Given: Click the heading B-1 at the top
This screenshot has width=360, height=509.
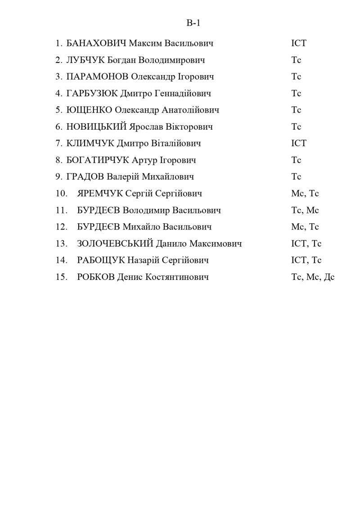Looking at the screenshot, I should pos(193,23).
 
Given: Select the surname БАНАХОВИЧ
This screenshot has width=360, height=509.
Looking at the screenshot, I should pos(96,44).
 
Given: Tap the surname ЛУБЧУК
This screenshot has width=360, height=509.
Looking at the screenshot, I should pos(85,60).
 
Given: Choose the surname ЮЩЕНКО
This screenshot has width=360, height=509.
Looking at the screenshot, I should pos(89,110).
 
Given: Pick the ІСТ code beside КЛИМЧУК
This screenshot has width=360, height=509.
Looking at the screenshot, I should pos(298,144).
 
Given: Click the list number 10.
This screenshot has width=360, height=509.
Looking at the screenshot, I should pos(61,194).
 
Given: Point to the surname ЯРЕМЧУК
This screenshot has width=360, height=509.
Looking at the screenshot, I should pos(99,194).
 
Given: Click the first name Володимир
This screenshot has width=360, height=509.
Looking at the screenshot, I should pos(140,210).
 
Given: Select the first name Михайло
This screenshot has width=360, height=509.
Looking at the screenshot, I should pos(141,227).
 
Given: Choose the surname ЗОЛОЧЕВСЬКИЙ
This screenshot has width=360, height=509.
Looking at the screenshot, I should pos(115,243).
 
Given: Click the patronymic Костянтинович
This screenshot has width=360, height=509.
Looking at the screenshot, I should pos(177,277).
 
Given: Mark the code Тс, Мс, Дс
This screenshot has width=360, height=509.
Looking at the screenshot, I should pos(313,277).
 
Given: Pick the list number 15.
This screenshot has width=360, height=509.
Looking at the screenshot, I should pos(61,277).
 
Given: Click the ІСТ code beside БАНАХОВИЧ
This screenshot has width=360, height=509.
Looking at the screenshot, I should pos(298,44).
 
